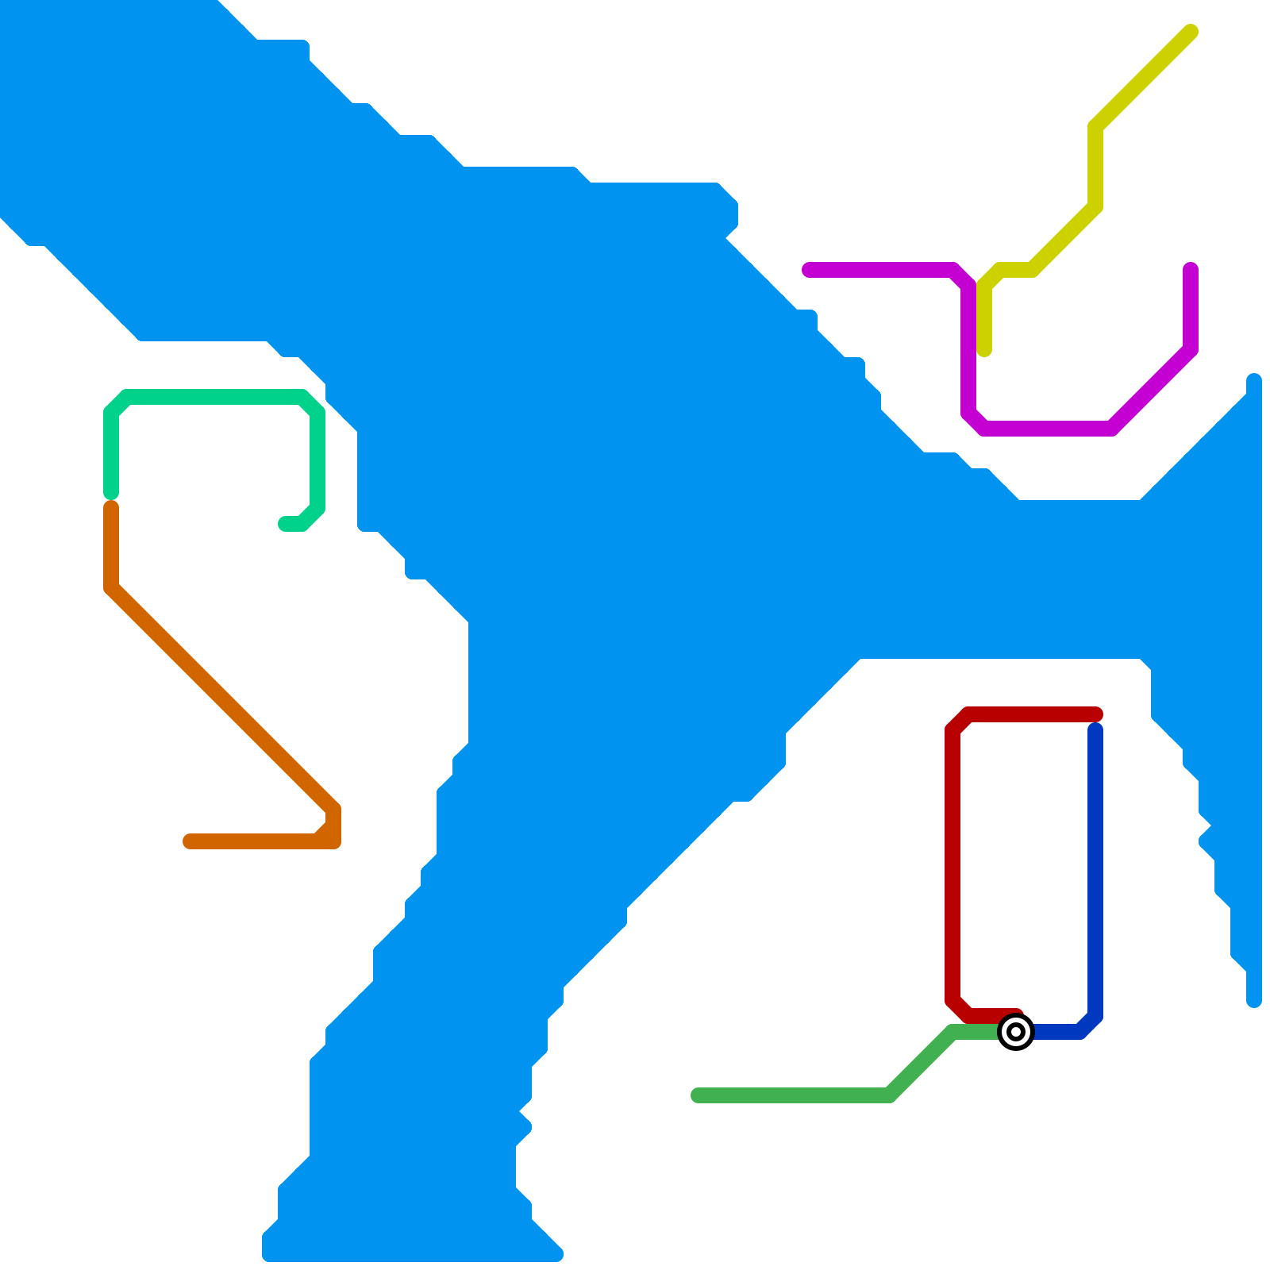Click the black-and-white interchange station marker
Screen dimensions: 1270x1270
click(x=1016, y=1032)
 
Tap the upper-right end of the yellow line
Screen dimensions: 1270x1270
click(x=1191, y=32)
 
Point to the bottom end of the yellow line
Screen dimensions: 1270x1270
click(x=984, y=350)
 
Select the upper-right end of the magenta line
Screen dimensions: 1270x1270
click(x=1191, y=269)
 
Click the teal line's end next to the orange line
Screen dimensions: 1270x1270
click(x=111, y=493)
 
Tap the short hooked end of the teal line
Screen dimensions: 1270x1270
click(x=285, y=524)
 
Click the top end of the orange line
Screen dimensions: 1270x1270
click(x=111, y=507)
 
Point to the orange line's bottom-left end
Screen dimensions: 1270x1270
click(x=190, y=841)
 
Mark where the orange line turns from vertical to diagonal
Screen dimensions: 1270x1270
click(x=111, y=588)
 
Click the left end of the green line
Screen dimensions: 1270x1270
click(x=698, y=1095)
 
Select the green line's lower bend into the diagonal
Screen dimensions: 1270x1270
click(x=890, y=1095)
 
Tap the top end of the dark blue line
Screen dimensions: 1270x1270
click(x=1095, y=729)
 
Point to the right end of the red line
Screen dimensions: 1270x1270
click(x=1096, y=714)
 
